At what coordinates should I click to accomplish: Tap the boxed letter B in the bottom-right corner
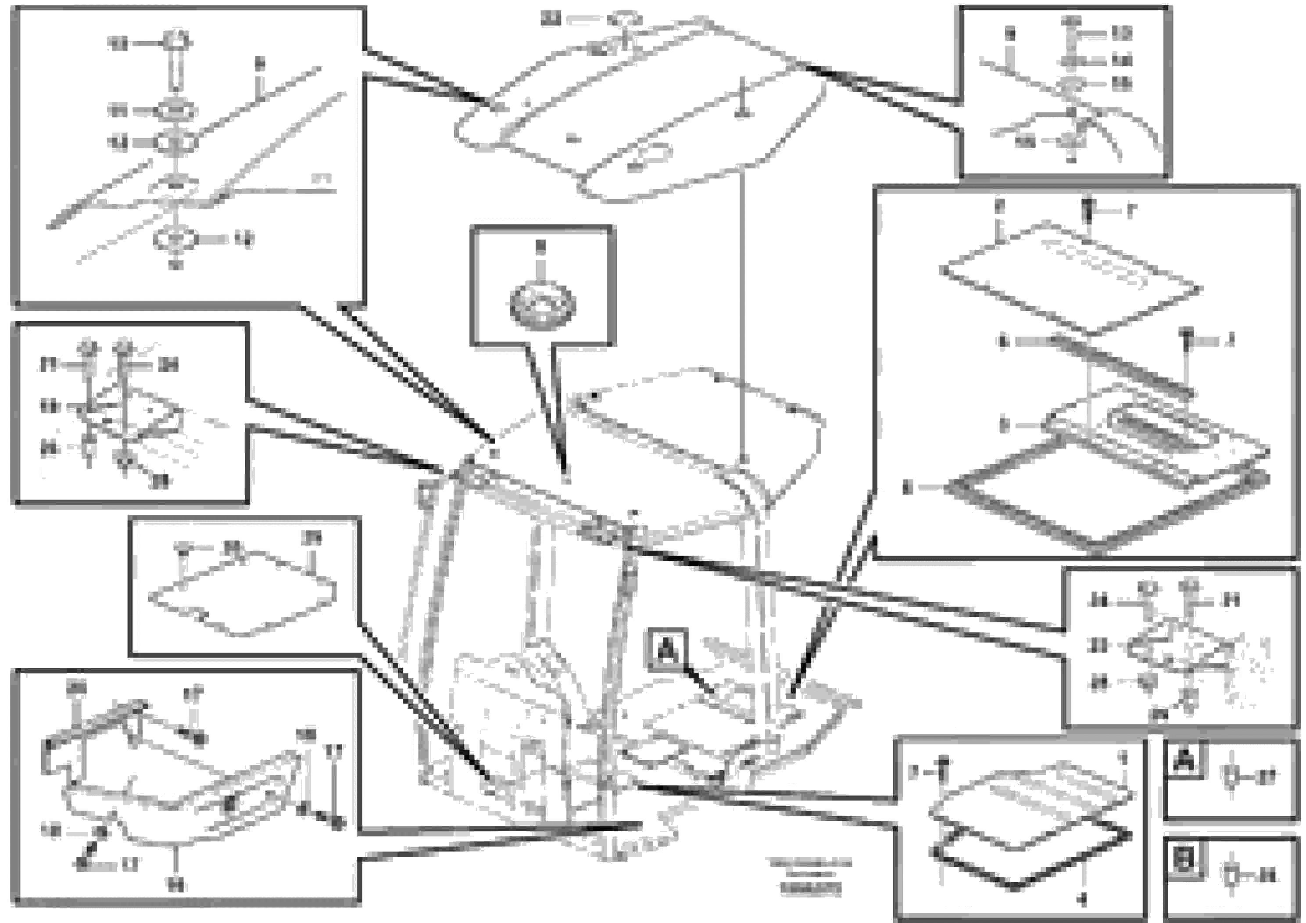click(x=1184, y=859)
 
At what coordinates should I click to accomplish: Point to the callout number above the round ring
click(x=540, y=246)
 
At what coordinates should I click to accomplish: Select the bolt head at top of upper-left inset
click(x=176, y=42)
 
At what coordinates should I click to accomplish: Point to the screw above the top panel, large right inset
click(x=1087, y=212)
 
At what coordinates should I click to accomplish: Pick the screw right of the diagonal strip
click(x=1187, y=340)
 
